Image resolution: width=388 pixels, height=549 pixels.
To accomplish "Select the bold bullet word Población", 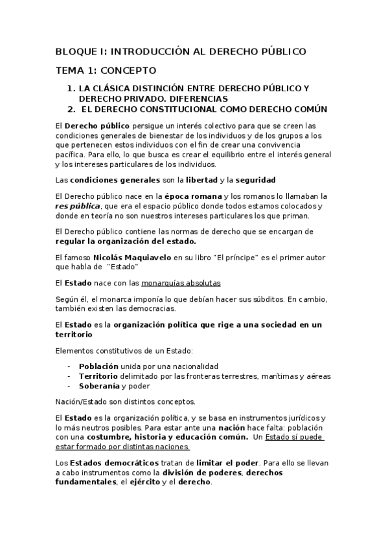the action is click(x=98, y=366).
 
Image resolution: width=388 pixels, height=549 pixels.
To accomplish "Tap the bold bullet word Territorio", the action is click(x=99, y=376).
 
